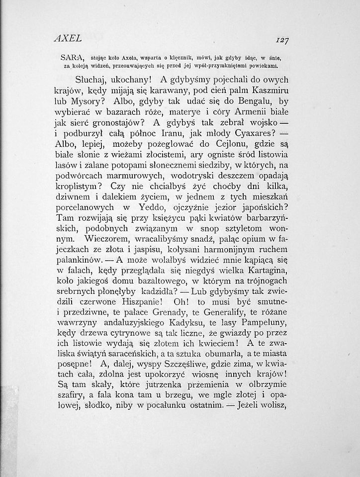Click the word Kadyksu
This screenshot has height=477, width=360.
196,326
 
